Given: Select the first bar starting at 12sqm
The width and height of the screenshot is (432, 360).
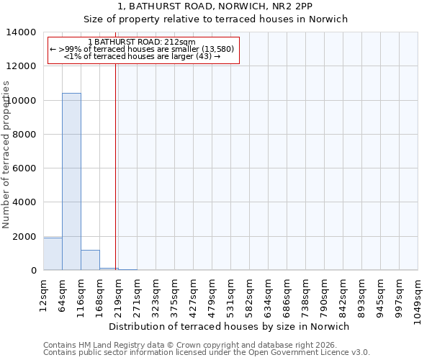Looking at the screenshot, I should click(53, 254).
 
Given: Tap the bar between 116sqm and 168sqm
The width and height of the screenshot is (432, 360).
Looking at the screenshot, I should click(90, 260).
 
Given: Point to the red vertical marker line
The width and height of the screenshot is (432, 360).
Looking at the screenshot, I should click(115, 166).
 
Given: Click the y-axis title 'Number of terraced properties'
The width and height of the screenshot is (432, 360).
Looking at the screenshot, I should click(7, 154).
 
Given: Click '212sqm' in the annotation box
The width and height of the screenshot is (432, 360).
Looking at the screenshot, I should click(178, 42).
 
